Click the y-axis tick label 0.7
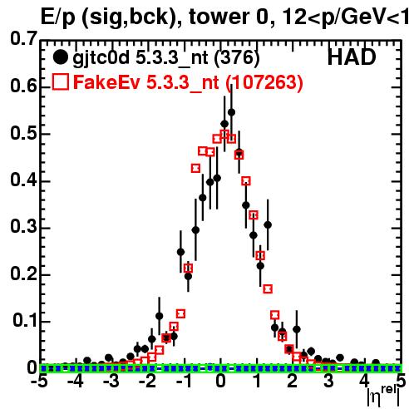pyautogui.click(x=23, y=38)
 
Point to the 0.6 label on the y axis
pyautogui.click(x=23, y=86)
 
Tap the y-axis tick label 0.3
pyautogui.click(x=23, y=226)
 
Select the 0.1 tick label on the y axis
pyautogui.click(x=25, y=320)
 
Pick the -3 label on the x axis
pyautogui.click(x=111, y=382)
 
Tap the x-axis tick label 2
pyautogui.click(x=293, y=382)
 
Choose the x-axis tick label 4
pyautogui.click(x=365, y=382)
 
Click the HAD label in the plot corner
pyautogui.click(x=352, y=57)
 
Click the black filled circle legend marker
pyautogui.click(x=60, y=57)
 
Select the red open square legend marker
pyautogui.click(x=60, y=81)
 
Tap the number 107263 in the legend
pyautogui.click(x=264, y=82)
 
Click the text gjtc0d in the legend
pyautogui.click(x=101, y=58)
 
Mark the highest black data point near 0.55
pyautogui.click(x=231, y=112)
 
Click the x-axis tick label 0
pyautogui.click(x=220, y=382)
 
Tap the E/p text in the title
pyautogui.click(x=57, y=17)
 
